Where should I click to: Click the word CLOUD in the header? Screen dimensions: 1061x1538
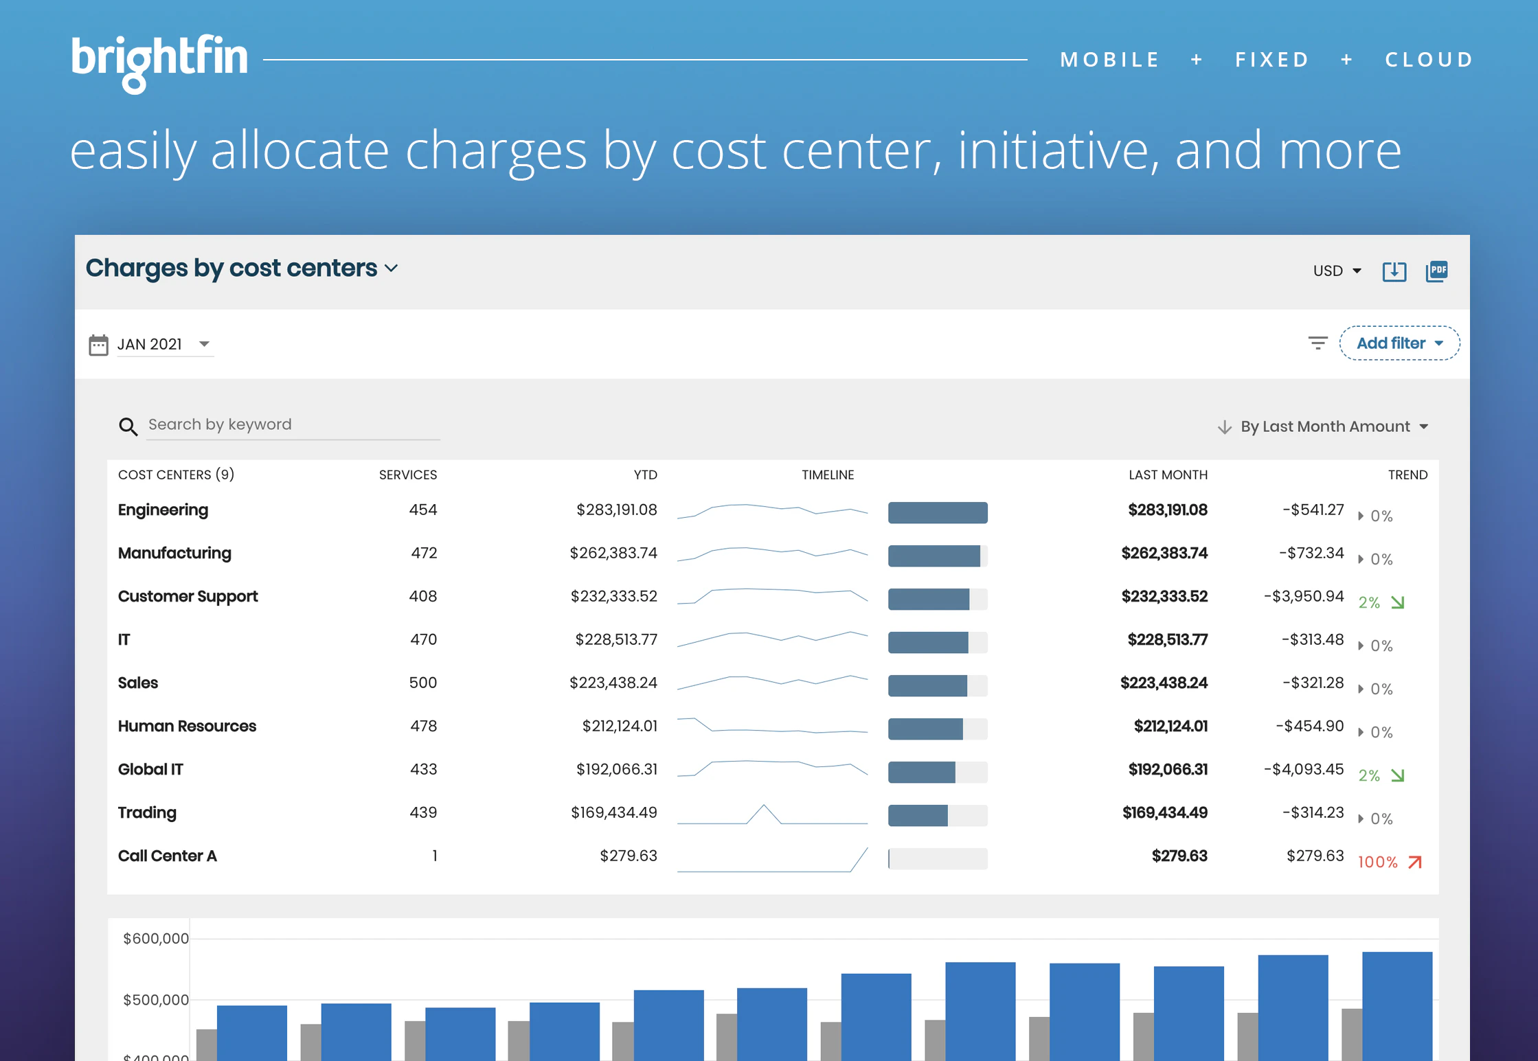pyautogui.click(x=1429, y=60)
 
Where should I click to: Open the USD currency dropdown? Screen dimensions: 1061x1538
pyautogui.click(x=1336, y=271)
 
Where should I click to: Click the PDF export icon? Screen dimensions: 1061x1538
pyautogui.click(x=1436, y=271)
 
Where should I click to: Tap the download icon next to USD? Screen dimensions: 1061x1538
pyautogui.click(x=1394, y=271)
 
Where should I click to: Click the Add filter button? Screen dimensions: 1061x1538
pyautogui.click(x=1399, y=343)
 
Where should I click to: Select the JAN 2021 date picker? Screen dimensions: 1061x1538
pyautogui.click(x=161, y=344)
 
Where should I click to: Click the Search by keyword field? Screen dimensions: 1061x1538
pyautogui.click(x=292, y=425)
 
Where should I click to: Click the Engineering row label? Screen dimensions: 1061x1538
pyautogui.click(x=163, y=510)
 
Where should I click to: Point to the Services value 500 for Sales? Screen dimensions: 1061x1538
pyautogui.click(x=422, y=683)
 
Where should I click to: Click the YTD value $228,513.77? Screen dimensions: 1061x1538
pyautogui.click(x=615, y=639)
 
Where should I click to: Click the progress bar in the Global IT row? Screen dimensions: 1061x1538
pyautogui.click(x=937, y=772)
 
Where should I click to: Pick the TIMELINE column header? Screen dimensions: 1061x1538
pyautogui.click(x=827, y=475)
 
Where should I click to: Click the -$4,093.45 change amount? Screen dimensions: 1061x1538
pyautogui.click(x=1303, y=769)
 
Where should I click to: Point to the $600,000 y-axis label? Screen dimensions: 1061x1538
pyautogui.click(x=155, y=938)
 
